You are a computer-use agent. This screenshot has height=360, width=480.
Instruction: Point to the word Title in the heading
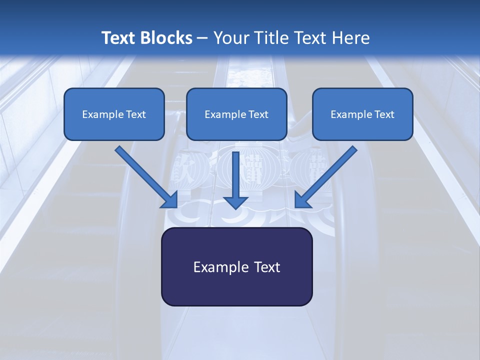269,38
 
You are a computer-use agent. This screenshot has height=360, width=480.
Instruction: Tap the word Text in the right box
384,114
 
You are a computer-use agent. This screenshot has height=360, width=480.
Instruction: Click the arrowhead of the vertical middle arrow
235,201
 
